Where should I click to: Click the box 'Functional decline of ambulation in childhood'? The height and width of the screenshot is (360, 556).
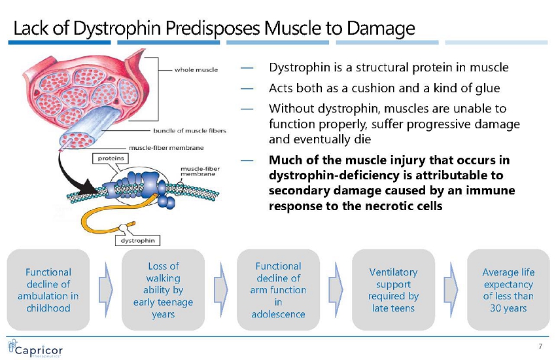coord(48,289)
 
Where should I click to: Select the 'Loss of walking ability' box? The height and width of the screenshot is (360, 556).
coord(163,289)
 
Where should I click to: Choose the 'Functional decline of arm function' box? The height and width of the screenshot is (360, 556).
coord(278,289)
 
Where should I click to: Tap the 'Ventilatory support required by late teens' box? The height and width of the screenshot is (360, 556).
coord(393,289)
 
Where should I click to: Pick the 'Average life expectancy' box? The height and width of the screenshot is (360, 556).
coord(508,289)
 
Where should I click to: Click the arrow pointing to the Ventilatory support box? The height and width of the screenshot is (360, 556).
coord(336,279)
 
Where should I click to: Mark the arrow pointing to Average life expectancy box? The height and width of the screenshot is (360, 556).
coord(451,279)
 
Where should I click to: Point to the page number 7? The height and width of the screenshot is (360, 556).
coord(540,346)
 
